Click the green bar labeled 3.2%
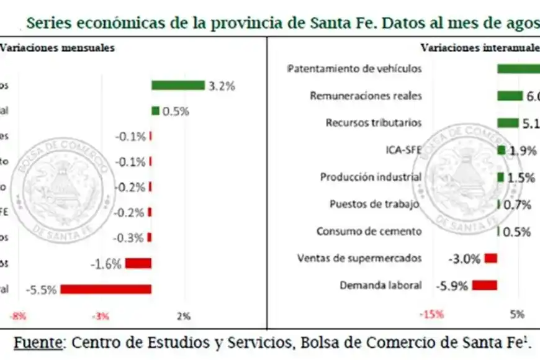coord(178,86)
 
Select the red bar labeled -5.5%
coord(106,289)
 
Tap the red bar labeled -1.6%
coord(138,263)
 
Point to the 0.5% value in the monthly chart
coord(176,112)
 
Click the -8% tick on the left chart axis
coord(18,316)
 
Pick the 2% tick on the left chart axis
coord(184,316)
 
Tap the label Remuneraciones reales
coord(366,96)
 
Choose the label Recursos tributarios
coord(374,123)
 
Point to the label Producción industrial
coord(371,177)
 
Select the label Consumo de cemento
coord(369,232)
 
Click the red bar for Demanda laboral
coord(485,285)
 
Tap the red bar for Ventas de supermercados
coord(491,258)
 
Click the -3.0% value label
coord(464,259)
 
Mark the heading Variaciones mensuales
coord(57,48)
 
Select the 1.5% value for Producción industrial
coord(521,178)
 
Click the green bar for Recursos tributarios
coord(508,123)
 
